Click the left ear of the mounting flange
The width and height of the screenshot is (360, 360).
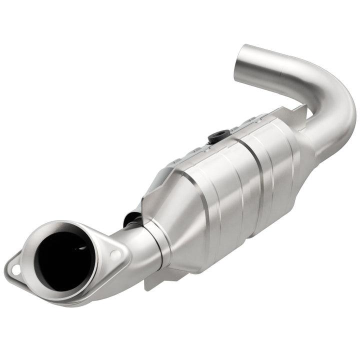pos(15,270)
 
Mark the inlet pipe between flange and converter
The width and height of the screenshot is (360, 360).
pos(132,240)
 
